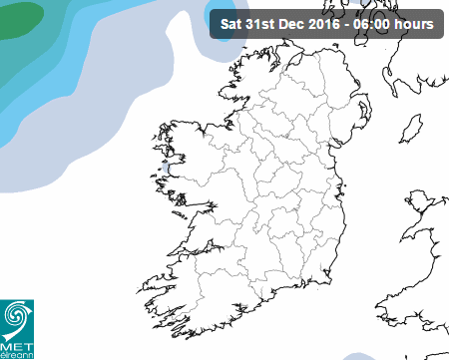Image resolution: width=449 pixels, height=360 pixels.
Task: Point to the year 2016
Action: [x=327, y=23]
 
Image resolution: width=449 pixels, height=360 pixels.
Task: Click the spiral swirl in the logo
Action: [x=17, y=316]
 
